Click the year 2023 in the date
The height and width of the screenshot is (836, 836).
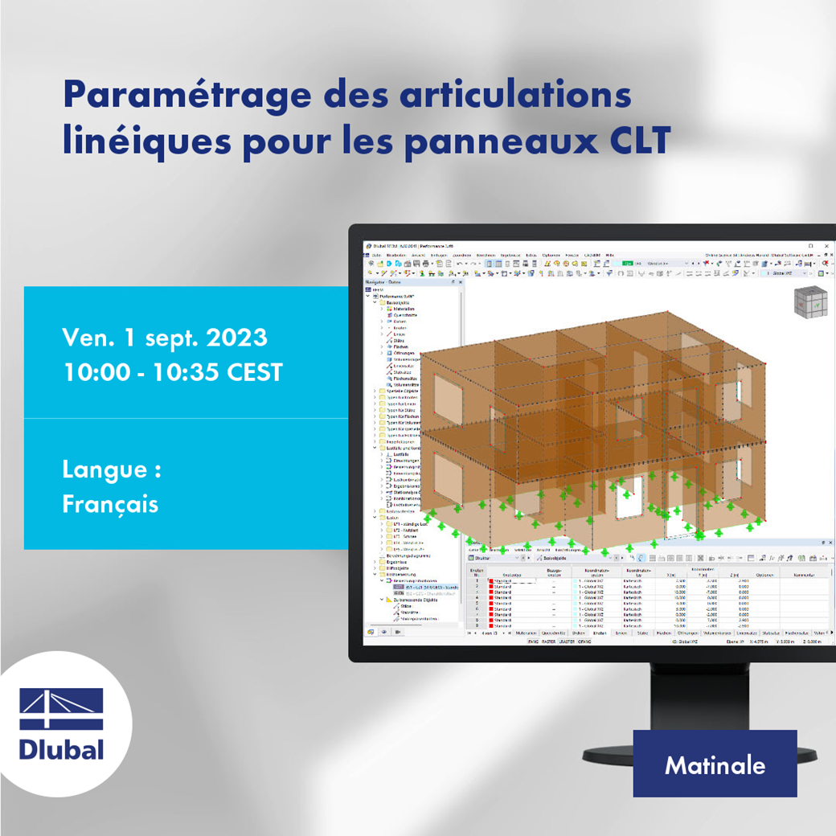[236, 338]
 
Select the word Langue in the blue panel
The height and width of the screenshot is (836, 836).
[104, 469]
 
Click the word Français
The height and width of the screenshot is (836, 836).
[110, 504]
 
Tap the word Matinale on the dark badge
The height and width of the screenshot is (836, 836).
[715, 764]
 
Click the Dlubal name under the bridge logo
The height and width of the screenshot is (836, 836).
[61, 749]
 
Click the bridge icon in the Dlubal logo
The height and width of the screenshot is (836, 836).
[61, 708]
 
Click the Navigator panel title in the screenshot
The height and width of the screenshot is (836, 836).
[377, 282]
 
